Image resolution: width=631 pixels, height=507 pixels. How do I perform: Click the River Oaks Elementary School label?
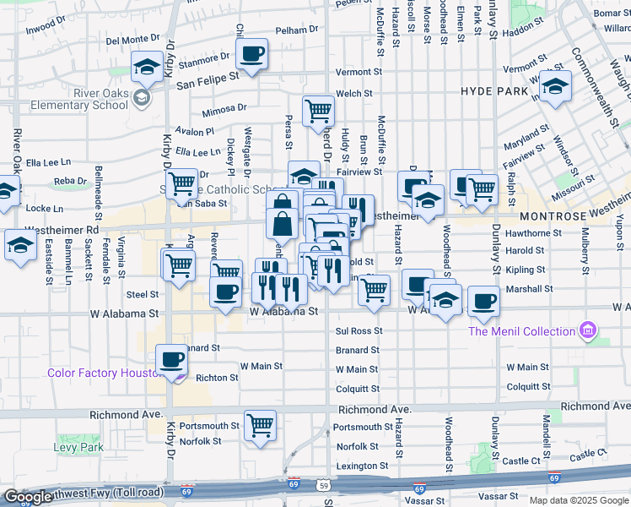77,99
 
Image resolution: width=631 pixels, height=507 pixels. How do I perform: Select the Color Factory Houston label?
105,373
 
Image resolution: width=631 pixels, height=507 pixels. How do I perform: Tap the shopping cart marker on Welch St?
318,110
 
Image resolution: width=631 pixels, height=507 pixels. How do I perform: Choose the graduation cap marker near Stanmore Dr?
147,68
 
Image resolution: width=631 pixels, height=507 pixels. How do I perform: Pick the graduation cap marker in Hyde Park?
555,86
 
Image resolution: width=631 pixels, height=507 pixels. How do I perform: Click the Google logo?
28,498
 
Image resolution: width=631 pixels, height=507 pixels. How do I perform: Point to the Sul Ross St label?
359,331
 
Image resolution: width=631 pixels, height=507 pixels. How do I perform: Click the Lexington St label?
359,466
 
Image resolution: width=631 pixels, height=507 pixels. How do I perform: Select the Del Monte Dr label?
132,39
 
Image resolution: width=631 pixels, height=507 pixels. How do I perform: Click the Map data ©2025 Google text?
578,500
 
